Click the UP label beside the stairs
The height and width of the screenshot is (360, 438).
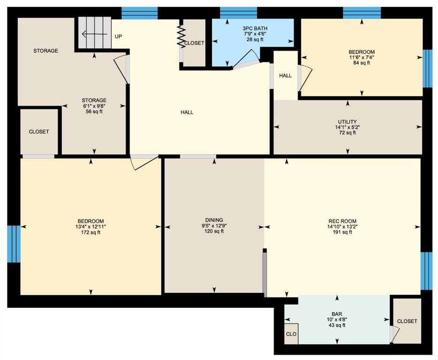click(x=118, y=37)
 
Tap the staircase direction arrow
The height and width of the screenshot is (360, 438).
click(x=94, y=34)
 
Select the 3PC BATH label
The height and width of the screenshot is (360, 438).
click(x=255, y=28)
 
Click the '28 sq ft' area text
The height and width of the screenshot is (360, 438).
click(x=255, y=39)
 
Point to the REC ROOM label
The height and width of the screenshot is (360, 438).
click(x=342, y=221)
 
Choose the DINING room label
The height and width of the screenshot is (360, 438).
click(x=214, y=220)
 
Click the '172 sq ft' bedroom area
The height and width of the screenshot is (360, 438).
click(x=91, y=232)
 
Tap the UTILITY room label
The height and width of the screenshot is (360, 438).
click(x=347, y=122)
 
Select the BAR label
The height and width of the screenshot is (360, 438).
click(x=337, y=314)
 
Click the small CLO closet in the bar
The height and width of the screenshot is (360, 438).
click(x=291, y=334)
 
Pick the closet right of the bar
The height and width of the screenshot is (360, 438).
click(x=407, y=321)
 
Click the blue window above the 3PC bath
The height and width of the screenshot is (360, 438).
click(x=238, y=13)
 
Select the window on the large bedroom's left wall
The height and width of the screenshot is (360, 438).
click(x=14, y=244)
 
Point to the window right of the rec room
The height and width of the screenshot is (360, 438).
click(x=426, y=271)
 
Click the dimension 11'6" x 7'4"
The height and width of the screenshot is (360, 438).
click(x=362, y=57)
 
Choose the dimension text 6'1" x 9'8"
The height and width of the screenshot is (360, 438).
click(x=94, y=106)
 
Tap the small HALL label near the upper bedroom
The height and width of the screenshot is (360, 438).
click(x=286, y=75)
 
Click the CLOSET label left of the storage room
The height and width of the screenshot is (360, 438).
click(x=39, y=132)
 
